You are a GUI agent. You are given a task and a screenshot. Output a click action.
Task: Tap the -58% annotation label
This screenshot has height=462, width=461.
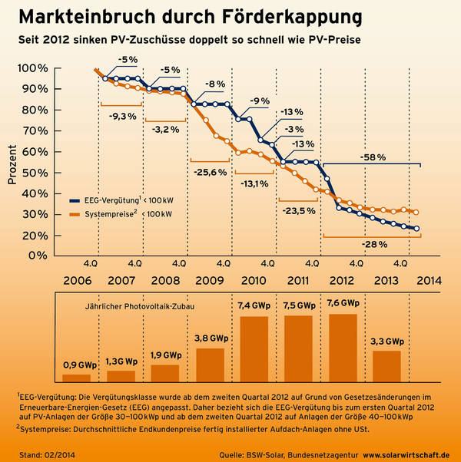point(371,157)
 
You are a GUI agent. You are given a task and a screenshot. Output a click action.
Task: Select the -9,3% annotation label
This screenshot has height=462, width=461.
point(123,116)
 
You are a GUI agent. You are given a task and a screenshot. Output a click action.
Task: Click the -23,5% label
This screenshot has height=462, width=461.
point(297,210)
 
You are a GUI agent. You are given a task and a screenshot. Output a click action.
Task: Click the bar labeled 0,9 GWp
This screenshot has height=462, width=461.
point(77,378)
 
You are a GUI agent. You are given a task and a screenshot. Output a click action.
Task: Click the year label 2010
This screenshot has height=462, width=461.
point(254,280)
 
